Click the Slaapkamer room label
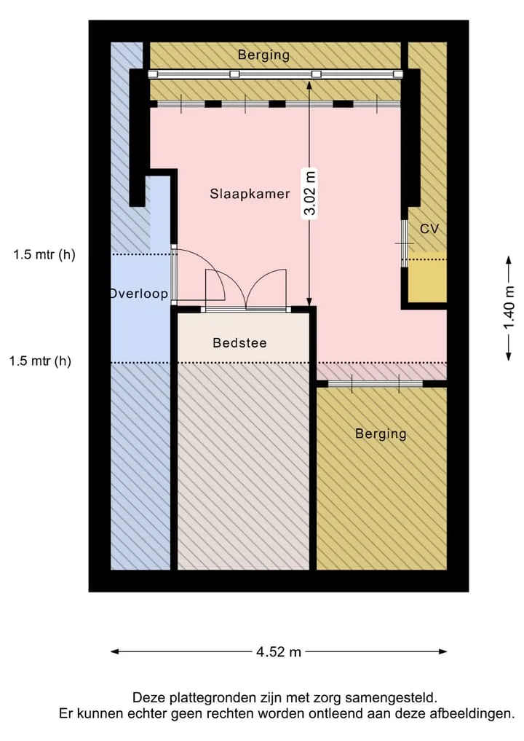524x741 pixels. pos(250,194)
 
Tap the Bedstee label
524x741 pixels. pos(240,342)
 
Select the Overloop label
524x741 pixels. pos(139,294)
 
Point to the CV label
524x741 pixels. pos(429,229)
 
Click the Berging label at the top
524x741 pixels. pos(263,55)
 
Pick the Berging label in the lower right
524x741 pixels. pos(381,434)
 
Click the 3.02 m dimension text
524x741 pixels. pos(310,193)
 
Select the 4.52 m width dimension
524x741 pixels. pos(279,651)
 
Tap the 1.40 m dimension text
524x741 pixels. pos(509,308)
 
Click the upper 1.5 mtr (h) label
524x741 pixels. pos(44,255)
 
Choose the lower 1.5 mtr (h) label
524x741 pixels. pos(40,361)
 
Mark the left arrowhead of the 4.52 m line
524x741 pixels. pos(114,651)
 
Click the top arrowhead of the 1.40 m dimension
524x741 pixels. pos(509,260)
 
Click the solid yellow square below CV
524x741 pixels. pos(427,279)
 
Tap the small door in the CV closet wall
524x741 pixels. pos(404,243)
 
